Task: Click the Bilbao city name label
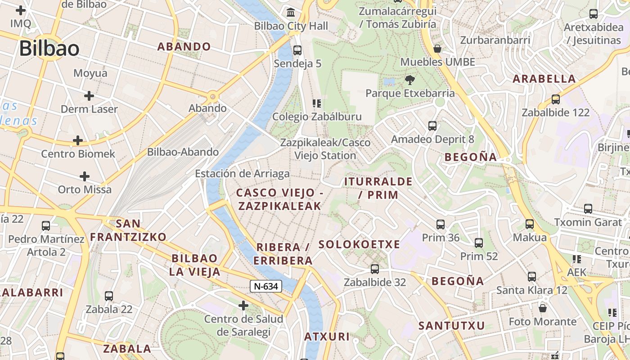click(49, 49)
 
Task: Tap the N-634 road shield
click(266, 286)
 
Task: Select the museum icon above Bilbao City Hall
click(291, 12)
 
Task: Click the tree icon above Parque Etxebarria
click(409, 80)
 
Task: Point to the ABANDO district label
click(184, 46)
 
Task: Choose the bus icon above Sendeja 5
click(297, 50)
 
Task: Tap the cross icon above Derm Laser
click(89, 95)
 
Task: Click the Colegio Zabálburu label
click(317, 117)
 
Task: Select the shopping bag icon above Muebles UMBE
click(437, 49)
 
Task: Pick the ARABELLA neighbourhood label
click(544, 79)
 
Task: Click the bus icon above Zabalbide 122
click(555, 99)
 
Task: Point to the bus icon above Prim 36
click(441, 224)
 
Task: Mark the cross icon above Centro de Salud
click(243, 306)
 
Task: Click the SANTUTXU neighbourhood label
click(452, 325)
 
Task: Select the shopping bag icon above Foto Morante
click(543, 308)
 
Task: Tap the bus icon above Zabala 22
click(109, 296)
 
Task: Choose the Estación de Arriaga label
click(242, 174)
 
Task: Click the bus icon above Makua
click(530, 224)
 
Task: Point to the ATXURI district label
click(327, 337)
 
